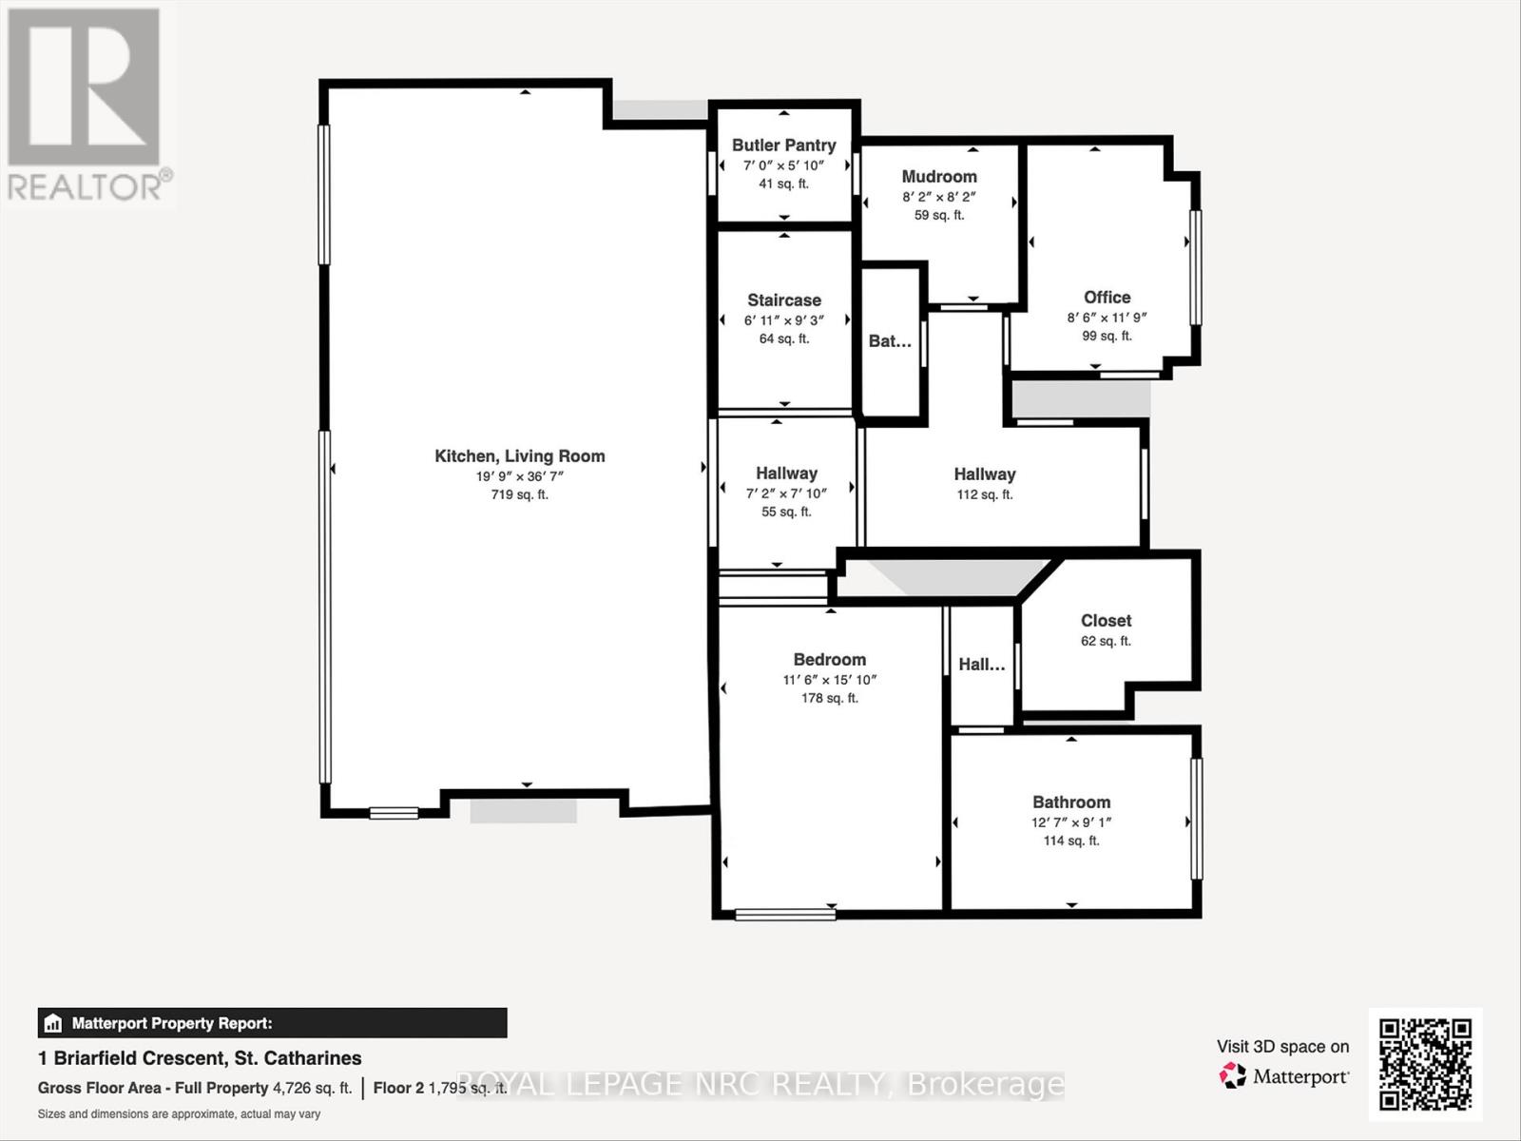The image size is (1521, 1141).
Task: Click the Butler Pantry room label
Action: pyautogui.click(x=783, y=145)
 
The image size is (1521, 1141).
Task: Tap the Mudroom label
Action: pyautogui.click(x=939, y=177)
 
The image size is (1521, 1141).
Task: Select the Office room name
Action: pyautogui.click(x=1107, y=298)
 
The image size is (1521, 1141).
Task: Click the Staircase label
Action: pyautogui.click(x=783, y=300)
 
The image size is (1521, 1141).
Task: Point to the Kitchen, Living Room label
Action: pyautogui.click(x=520, y=456)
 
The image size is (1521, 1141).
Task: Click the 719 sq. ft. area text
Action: pyautogui.click(x=520, y=495)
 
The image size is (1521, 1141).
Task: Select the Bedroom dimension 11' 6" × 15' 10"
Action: pyautogui.click(x=829, y=680)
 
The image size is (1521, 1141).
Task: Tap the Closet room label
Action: pyautogui.click(x=1106, y=621)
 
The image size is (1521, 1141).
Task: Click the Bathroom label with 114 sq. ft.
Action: pyautogui.click(x=1071, y=803)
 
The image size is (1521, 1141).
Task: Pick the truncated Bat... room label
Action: pyautogui.click(x=890, y=341)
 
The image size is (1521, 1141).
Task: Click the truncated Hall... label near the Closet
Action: pyautogui.click(x=981, y=665)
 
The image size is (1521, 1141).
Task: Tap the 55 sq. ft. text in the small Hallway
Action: pyautogui.click(x=786, y=512)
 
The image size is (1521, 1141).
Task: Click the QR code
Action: pyautogui.click(x=1425, y=1064)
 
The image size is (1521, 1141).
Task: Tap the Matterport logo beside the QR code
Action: pyautogui.click(x=1283, y=1076)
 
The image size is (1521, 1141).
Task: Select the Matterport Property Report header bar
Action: pyautogui.click(x=272, y=1023)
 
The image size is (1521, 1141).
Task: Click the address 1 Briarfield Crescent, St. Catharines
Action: pyautogui.click(x=200, y=1058)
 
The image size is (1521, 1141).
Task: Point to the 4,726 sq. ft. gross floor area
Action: pyautogui.click(x=312, y=1088)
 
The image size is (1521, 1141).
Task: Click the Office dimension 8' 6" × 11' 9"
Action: pyautogui.click(x=1107, y=319)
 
